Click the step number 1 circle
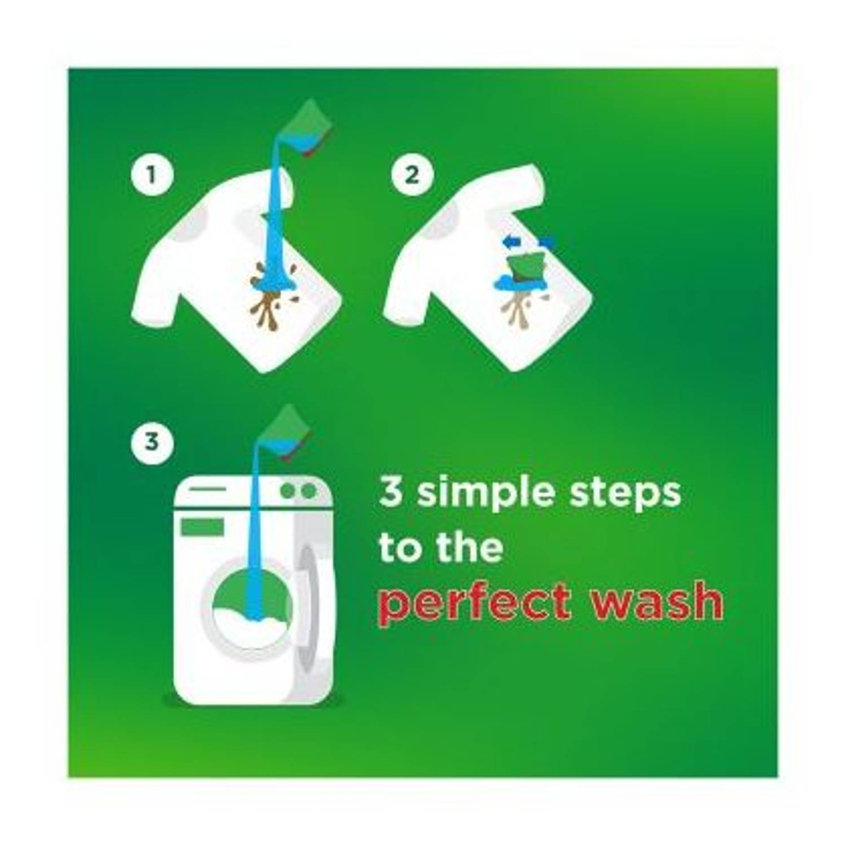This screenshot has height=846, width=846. pos(151,175)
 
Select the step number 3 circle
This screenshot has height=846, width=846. pos(151,441)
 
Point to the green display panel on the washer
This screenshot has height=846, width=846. pos(202,527)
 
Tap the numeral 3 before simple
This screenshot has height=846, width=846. pos(391,492)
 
